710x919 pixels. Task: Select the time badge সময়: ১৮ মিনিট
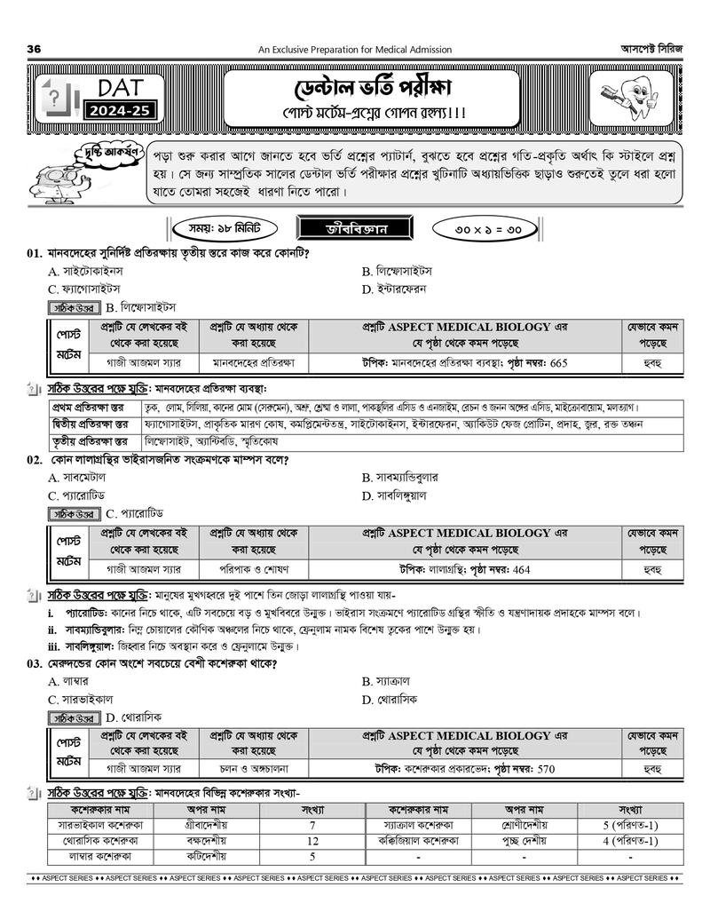pyautogui.click(x=218, y=227)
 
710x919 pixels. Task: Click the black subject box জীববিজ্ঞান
pyautogui.click(x=355, y=227)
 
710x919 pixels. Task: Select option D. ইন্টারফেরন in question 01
pyautogui.click(x=397, y=289)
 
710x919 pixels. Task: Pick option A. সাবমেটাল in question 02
pyautogui.click(x=78, y=477)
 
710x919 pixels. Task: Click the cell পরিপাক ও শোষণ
pyautogui.click(x=254, y=569)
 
